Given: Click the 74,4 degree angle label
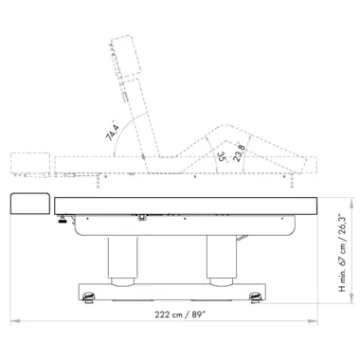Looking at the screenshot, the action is point(113,133).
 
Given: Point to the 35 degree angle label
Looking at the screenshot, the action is point(222,156).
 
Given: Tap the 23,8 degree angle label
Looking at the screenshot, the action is point(239,153).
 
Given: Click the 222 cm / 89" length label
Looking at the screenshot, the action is point(180,315).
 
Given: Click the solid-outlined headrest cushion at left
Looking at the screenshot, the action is point(30,204).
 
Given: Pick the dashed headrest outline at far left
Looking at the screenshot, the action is point(30,163).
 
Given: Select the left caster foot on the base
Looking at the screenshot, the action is point(89,297).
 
